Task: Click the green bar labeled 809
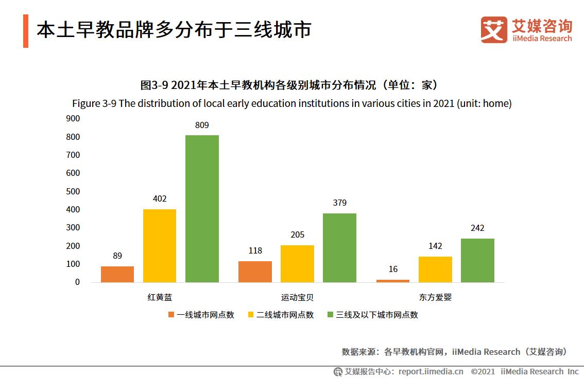tap(202, 208)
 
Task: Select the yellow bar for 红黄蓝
tap(160, 245)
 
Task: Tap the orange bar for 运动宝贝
tap(255, 272)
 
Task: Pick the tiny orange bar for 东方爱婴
tap(393, 281)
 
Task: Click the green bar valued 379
tap(339, 247)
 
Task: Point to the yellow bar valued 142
tap(435, 269)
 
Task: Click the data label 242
tap(477, 228)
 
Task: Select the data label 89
tap(117, 256)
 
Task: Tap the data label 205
tap(297, 234)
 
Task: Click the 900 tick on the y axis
tap(73, 118)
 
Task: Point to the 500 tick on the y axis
tap(73, 191)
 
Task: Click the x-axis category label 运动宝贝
tap(297, 297)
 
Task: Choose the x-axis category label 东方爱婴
tap(435, 297)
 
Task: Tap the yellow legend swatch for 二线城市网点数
tap(251, 315)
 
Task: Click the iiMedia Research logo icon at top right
tap(493, 30)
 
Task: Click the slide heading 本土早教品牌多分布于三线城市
tap(174, 30)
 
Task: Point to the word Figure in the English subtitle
tap(86, 103)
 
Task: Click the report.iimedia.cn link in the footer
tap(431, 371)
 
